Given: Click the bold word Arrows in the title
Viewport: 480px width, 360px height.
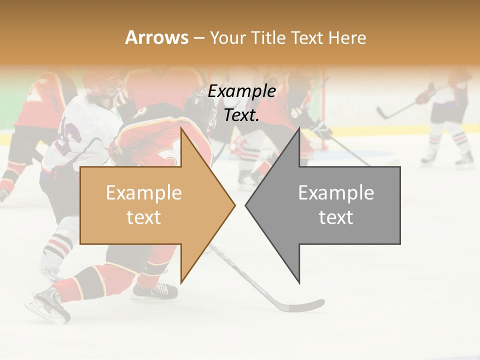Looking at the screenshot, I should (x=157, y=37).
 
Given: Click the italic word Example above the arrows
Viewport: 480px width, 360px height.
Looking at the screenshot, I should (x=242, y=91).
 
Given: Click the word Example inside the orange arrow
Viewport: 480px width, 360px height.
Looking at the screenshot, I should (x=144, y=193).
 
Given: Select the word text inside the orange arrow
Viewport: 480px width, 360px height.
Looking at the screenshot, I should (x=144, y=217).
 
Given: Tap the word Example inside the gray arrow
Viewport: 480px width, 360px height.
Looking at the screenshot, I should (x=336, y=193).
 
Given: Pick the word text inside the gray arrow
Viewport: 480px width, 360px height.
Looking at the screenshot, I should (x=336, y=217).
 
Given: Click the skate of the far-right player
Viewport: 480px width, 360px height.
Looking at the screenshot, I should (x=464, y=159).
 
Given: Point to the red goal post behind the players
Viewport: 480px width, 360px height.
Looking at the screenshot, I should (x=325, y=110).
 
